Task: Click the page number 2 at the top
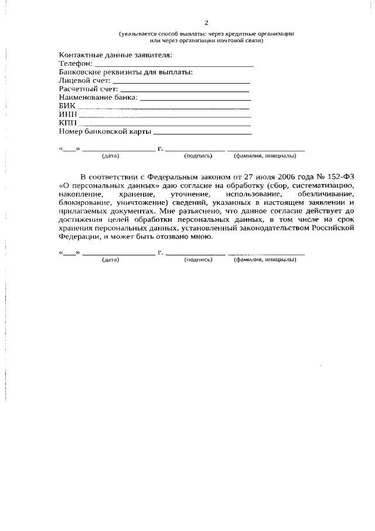pyautogui.click(x=206, y=23)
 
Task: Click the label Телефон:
pyautogui.click(x=76, y=63)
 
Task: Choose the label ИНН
pyautogui.click(x=68, y=114)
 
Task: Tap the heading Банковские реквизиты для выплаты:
pyautogui.click(x=126, y=72)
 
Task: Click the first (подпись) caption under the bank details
pyautogui.click(x=197, y=157)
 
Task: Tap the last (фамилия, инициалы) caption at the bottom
pyautogui.click(x=265, y=260)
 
